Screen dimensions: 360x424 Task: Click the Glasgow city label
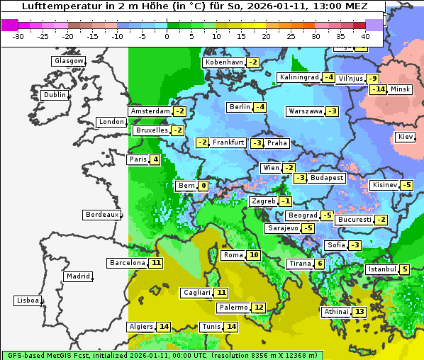click(69, 61)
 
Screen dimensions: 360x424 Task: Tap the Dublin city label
click(55, 95)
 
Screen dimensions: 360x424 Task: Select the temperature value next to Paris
click(155, 159)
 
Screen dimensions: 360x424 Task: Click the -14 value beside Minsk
click(379, 89)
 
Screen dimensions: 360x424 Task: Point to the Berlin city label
click(240, 107)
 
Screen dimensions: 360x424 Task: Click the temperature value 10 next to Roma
click(254, 255)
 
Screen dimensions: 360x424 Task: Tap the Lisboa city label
click(28, 300)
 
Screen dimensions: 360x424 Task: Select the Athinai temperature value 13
click(359, 312)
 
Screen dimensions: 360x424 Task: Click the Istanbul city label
click(382, 269)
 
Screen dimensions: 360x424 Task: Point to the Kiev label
click(406, 137)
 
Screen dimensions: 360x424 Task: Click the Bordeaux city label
click(102, 215)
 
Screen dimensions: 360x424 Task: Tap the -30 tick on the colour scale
click(18, 35)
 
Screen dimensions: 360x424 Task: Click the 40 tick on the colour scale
click(366, 35)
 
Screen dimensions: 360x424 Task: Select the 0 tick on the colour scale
click(167, 35)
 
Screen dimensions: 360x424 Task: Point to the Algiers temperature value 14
click(164, 327)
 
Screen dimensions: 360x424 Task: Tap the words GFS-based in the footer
click(23, 354)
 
